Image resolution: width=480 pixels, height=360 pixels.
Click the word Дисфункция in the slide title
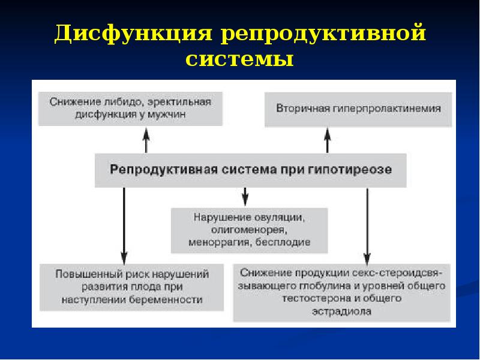(134, 34)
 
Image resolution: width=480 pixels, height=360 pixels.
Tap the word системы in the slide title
(239, 60)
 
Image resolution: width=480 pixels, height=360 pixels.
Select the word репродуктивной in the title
(324, 34)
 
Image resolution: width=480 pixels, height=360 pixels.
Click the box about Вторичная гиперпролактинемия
(359, 109)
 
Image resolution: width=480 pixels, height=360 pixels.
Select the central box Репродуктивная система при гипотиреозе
(251, 170)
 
